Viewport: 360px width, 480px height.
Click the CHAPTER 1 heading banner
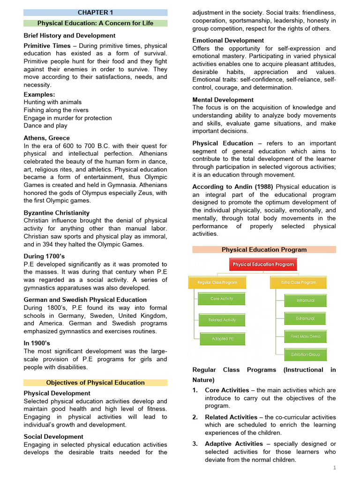[x=95, y=13]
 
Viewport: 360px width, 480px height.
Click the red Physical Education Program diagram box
[x=263, y=264]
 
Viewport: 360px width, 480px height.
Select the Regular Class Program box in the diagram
[x=217, y=283]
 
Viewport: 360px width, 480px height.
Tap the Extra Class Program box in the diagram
[x=299, y=283]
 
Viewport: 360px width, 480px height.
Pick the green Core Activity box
[x=222, y=299]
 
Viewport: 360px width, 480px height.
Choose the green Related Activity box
[x=222, y=320]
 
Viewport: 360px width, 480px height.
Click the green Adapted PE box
[x=222, y=339]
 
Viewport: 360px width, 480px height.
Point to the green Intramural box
[x=305, y=300]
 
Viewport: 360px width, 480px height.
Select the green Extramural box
[x=305, y=319]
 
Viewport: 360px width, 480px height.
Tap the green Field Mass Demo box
[x=305, y=337]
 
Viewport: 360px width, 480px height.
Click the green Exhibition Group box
[x=305, y=354]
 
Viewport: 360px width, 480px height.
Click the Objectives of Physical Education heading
[x=95, y=382]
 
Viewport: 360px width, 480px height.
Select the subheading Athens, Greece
[x=47, y=138]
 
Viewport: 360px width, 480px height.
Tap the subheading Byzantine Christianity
[x=57, y=212]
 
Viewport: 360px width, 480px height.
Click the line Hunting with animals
[x=52, y=102]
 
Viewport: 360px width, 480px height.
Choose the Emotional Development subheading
[x=228, y=40]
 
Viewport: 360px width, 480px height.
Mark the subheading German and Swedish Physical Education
[x=85, y=300]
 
